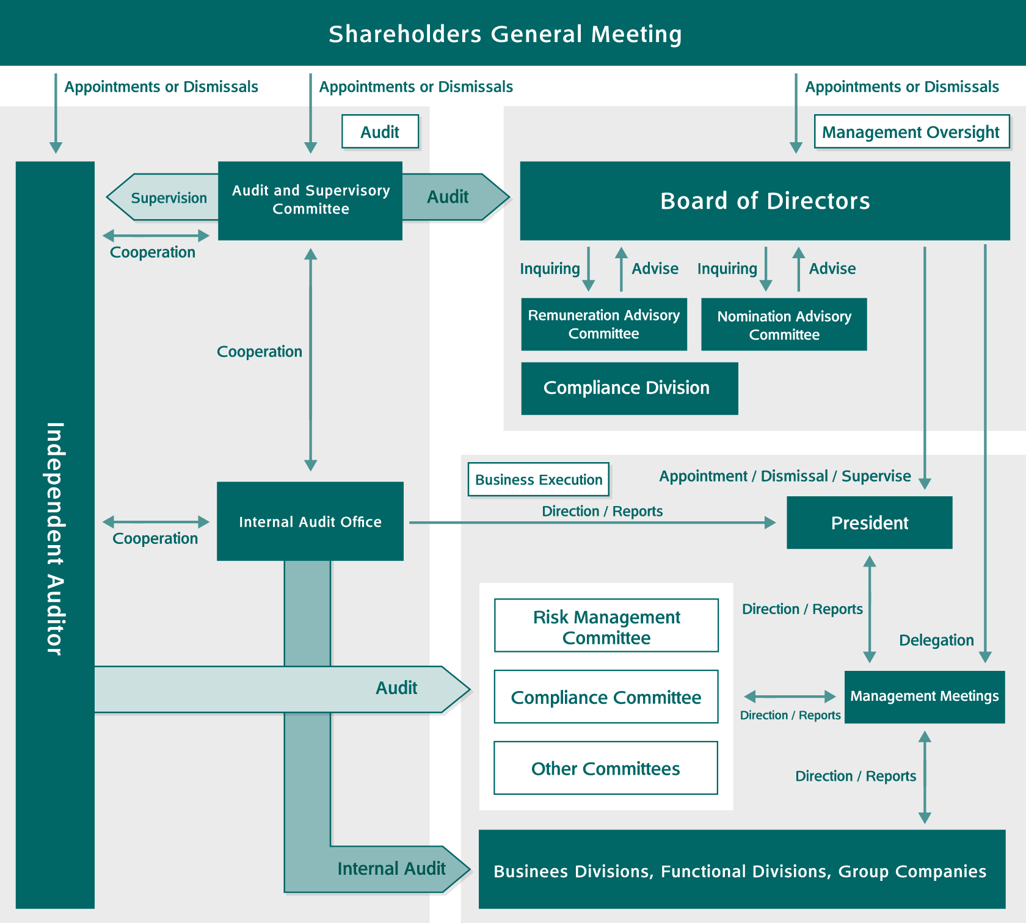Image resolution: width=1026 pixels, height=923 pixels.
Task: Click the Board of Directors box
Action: tap(765, 201)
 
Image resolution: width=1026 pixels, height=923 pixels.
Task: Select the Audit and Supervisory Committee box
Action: tap(310, 200)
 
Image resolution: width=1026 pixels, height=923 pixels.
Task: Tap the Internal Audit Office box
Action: tap(310, 521)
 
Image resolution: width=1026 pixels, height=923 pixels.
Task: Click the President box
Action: tap(869, 523)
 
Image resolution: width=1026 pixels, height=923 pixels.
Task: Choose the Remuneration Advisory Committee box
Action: tap(603, 324)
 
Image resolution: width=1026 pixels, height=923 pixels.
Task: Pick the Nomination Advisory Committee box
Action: tap(784, 325)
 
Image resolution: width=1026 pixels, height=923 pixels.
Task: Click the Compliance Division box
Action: tap(629, 388)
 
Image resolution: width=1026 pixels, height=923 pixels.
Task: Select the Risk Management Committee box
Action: tap(606, 626)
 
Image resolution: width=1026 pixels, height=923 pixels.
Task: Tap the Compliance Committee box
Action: tap(606, 697)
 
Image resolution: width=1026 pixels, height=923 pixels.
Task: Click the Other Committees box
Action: tap(605, 768)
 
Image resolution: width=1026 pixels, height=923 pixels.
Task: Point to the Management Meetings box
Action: tap(924, 697)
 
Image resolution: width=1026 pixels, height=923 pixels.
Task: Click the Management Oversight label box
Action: tap(911, 132)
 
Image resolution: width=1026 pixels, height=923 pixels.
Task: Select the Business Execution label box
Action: tap(539, 480)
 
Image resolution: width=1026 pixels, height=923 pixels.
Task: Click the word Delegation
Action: tap(936, 640)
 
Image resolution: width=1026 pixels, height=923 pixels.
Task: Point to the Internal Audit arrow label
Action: tap(391, 869)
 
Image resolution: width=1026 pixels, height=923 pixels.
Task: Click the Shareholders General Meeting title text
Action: tap(505, 34)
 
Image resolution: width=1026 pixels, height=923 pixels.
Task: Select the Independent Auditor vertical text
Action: tap(55, 538)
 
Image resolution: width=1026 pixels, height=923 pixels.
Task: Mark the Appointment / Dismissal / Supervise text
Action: tap(785, 476)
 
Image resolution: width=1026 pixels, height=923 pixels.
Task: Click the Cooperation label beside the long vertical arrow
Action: tap(260, 352)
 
